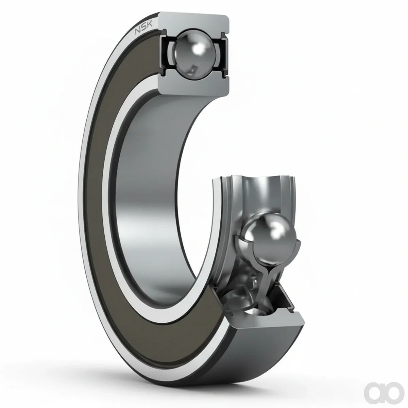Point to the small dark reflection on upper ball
click(x=193, y=70)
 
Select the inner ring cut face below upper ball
click(x=194, y=85)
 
